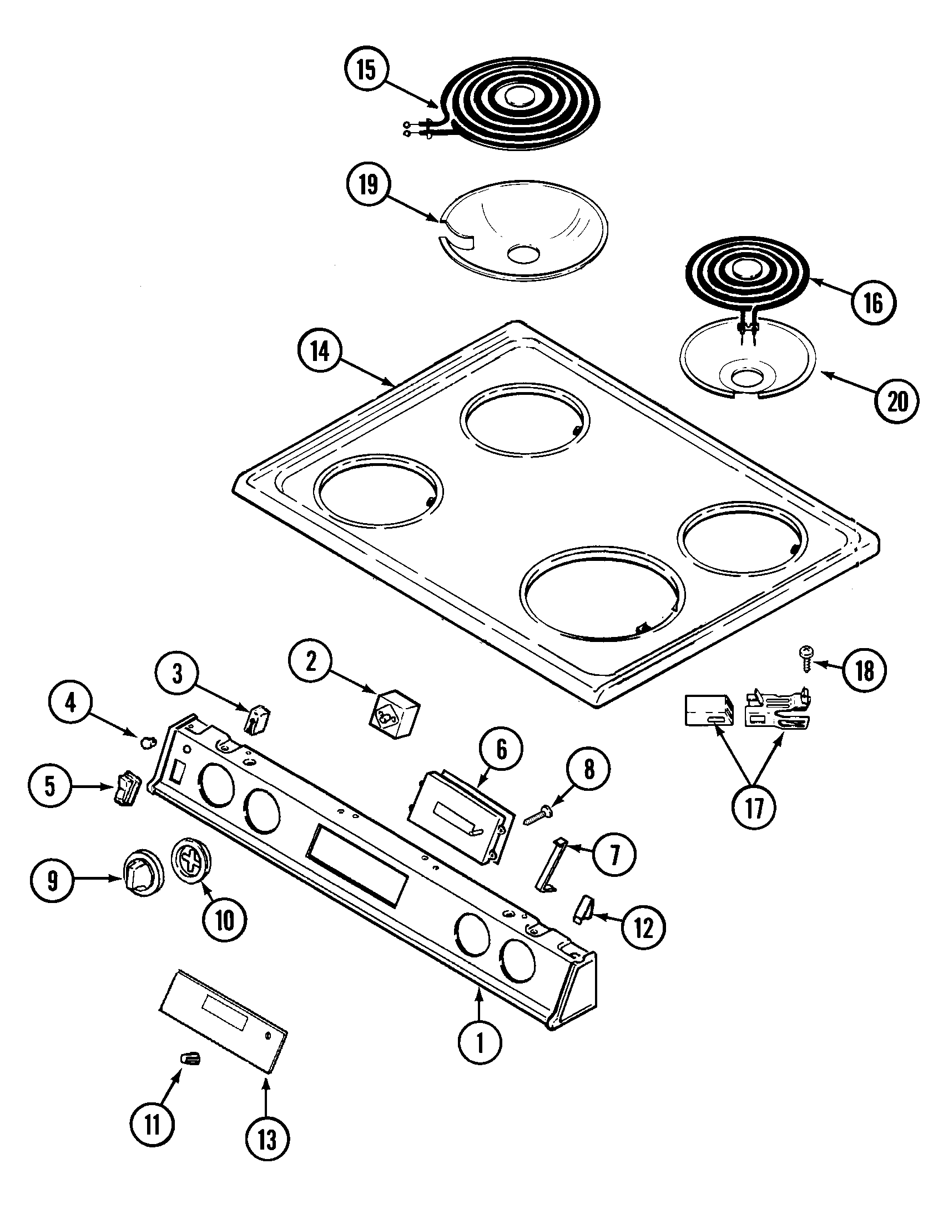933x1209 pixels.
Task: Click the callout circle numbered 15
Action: [366, 71]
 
